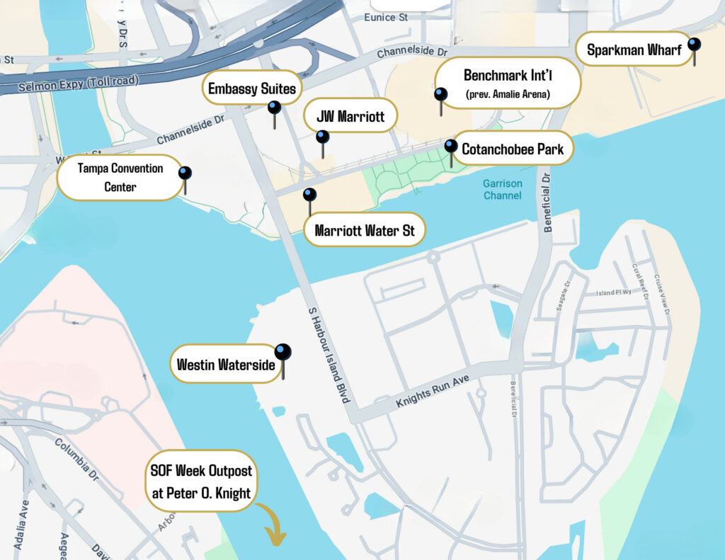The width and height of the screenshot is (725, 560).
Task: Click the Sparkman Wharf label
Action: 634,50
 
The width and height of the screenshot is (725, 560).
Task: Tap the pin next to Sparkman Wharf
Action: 694,45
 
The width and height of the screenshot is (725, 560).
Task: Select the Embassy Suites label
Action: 251,88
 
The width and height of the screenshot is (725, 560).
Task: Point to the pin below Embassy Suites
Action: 274,108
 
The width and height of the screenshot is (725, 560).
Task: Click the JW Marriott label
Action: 350,116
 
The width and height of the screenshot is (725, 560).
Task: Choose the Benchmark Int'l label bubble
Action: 507,83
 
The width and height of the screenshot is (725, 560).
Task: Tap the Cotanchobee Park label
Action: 512,149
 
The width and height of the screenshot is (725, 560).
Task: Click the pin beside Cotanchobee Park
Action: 450,147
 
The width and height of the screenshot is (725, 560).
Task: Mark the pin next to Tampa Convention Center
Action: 185,173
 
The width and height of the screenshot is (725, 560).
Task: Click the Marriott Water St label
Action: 364,230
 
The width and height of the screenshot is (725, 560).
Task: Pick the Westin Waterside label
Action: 224,364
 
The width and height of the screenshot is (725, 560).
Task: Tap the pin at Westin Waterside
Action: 283,353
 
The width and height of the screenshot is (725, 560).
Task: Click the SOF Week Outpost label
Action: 201,481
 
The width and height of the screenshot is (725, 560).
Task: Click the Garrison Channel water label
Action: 503,189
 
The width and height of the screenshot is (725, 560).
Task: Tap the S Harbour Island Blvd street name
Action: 328,355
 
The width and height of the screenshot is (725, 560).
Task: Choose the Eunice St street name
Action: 385,17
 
